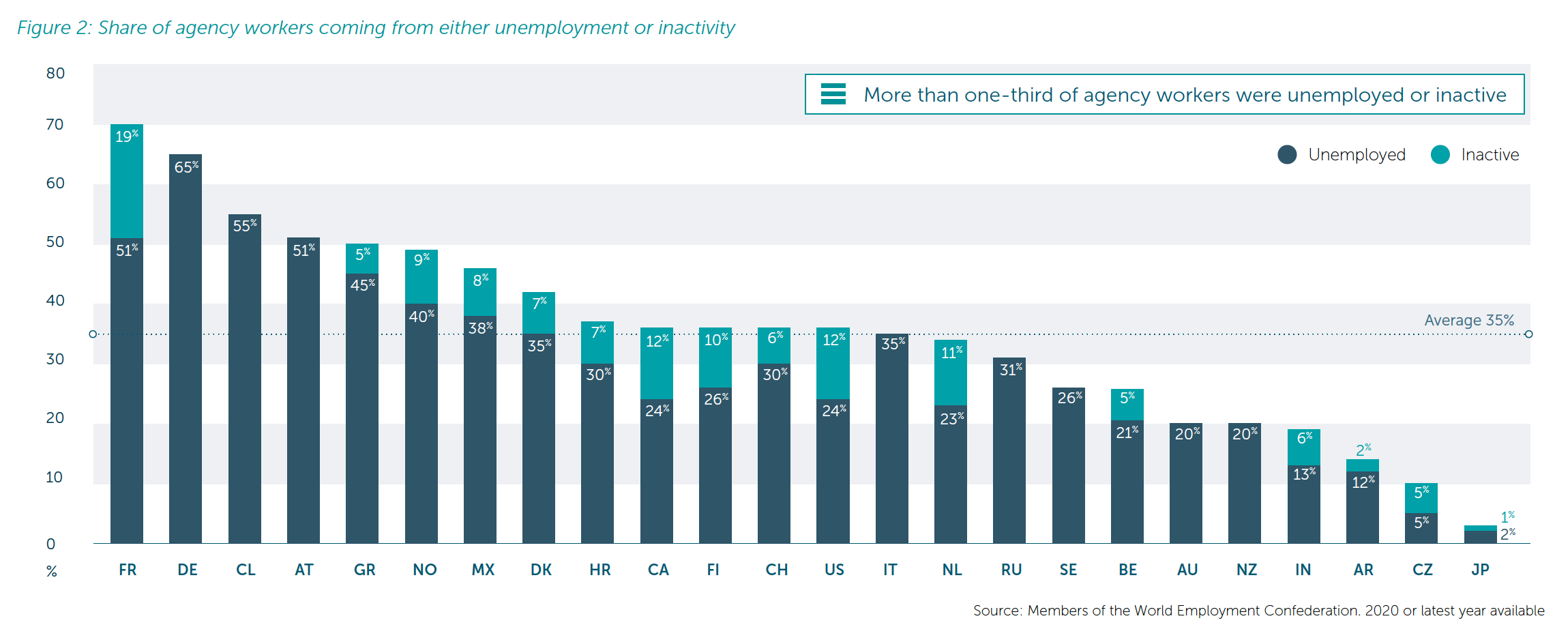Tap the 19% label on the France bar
126,136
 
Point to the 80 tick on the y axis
55,74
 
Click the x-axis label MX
483,570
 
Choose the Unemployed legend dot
1287,155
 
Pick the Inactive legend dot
1440,155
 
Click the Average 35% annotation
1469,320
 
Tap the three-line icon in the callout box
833,94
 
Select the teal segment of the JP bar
1480,528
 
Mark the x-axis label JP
1480,570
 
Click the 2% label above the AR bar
1363,450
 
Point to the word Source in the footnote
996,611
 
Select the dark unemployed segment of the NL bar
951,478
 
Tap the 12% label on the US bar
833,340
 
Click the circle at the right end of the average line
1528,334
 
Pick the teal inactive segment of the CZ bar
1421,498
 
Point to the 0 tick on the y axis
50,544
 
